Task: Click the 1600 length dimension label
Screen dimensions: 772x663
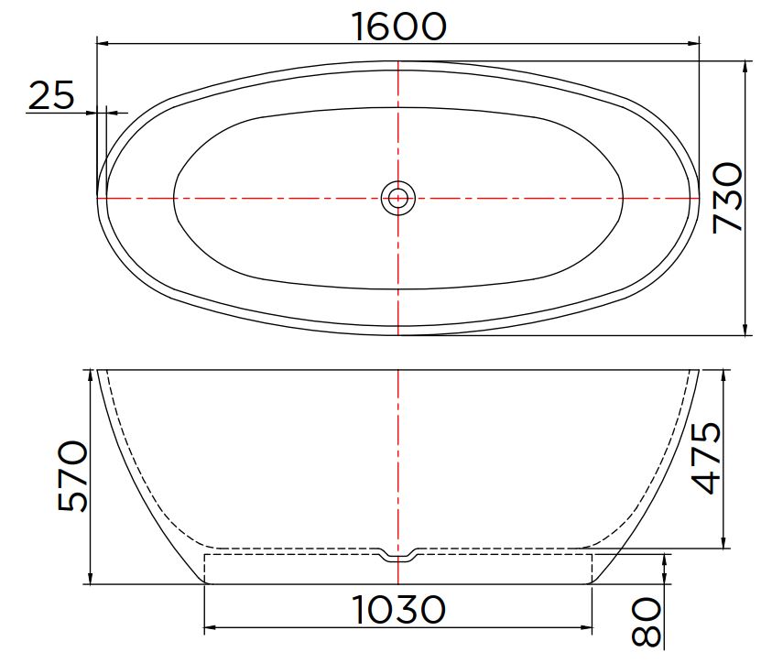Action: pyautogui.click(x=399, y=27)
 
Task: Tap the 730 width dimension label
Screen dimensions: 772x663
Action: pyautogui.click(x=728, y=198)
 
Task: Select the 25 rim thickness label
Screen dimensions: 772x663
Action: pyautogui.click(x=51, y=95)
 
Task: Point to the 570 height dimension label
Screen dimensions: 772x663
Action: pyautogui.click(x=73, y=476)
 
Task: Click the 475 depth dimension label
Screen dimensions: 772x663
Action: pyautogui.click(x=706, y=457)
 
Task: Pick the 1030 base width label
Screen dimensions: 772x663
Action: pyautogui.click(x=398, y=610)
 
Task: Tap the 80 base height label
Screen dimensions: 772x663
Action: pyautogui.click(x=646, y=622)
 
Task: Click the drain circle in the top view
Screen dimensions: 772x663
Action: pyautogui.click(x=397, y=199)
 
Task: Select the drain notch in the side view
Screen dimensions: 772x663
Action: pyautogui.click(x=397, y=553)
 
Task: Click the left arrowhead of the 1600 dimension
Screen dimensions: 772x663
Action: pyautogui.click(x=103, y=44)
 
